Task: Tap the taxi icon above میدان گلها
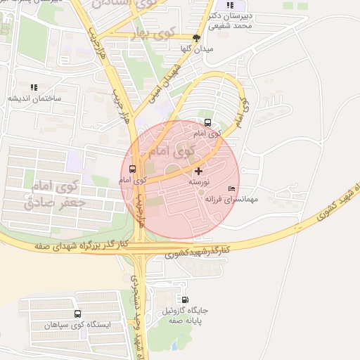click(196, 38)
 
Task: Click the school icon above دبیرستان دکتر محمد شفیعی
click(229, 5)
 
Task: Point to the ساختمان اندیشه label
click(34, 98)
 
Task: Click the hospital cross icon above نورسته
click(198, 170)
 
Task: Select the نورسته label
click(198, 181)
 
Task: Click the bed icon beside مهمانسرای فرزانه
click(232, 189)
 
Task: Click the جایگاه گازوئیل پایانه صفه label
click(186, 315)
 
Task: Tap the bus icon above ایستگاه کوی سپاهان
click(77, 314)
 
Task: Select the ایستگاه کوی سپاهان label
click(77, 326)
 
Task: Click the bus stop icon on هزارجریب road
click(133, 169)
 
